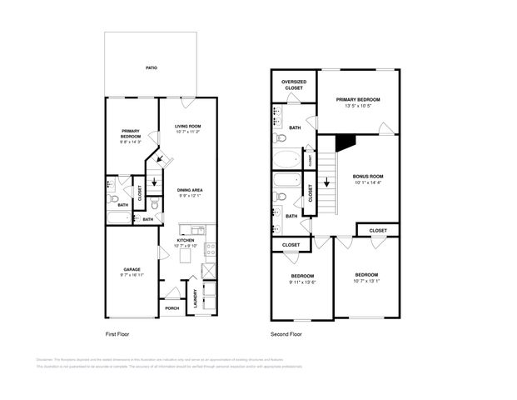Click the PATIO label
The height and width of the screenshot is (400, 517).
tap(151, 67)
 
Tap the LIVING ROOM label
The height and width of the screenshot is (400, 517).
tap(187, 126)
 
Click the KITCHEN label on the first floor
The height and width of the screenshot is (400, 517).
tap(185, 240)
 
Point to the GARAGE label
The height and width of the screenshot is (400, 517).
tap(132, 269)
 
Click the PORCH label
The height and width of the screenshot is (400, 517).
tap(172, 308)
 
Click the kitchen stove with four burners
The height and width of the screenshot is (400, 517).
tap(211, 247)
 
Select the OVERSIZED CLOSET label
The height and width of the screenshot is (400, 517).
tap(293, 85)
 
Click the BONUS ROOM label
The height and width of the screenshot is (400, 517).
tap(367, 177)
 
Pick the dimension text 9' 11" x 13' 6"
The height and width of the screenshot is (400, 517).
tap(301, 282)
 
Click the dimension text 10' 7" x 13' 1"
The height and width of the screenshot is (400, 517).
tap(366, 281)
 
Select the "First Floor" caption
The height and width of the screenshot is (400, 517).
tap(117, 333)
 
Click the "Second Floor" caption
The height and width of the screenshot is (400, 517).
tap(285, 333)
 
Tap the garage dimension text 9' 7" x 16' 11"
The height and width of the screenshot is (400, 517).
tap(132, 275)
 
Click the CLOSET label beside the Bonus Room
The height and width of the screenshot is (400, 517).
tap(377, 230)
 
